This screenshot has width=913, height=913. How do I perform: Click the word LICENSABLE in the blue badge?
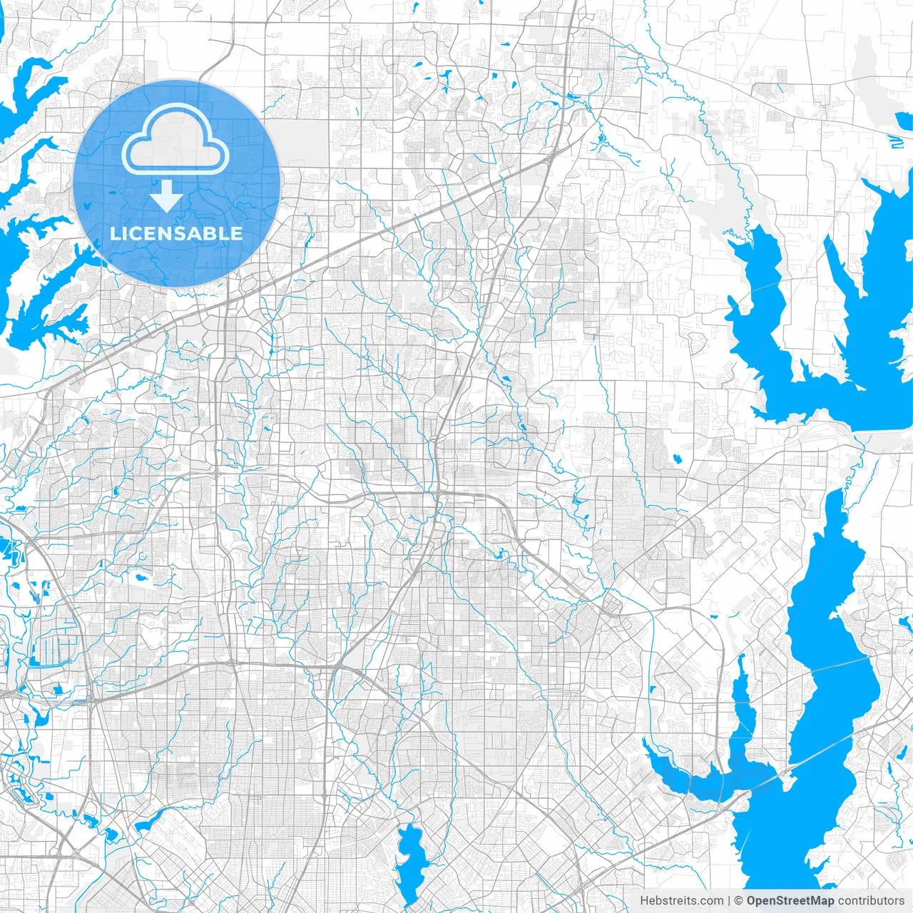point(176,233)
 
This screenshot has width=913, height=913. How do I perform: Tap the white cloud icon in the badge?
point(175,138)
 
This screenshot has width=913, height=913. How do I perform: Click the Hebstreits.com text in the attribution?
point(681,900)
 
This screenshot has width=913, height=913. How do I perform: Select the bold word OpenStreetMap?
point(790,900)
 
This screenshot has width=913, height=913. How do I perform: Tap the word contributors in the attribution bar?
point(871,900)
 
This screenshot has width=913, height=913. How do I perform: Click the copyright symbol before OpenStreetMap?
point(739,900)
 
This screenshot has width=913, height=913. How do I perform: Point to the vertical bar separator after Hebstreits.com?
point(729,900)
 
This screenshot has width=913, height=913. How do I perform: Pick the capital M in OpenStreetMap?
point(815,900)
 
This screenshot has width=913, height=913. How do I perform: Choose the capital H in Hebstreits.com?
point(644,900)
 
